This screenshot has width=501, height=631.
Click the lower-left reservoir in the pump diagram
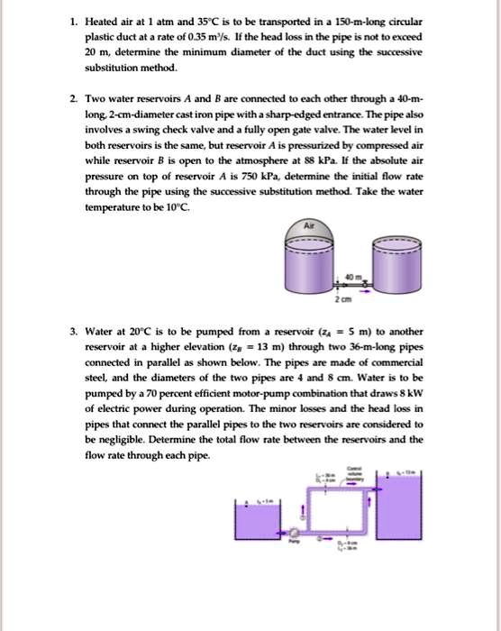click(257, 520)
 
